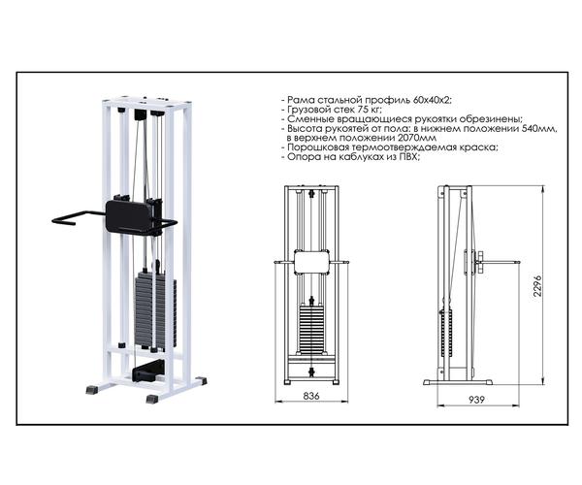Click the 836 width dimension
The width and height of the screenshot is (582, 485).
pyautogui.click(x=311, y=396)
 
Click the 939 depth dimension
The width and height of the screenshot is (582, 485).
pyautogui.click(x=476, y=400)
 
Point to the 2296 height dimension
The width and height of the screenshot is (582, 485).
pyautogui.click(x=537, y=286)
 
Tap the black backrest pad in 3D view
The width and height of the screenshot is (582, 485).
pyautogui.click(x=130, y=216)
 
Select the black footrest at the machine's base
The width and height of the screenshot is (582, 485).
pyautogui.click(x=148, y=371)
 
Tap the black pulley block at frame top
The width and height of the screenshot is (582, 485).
pyautogui.click(x=141, y=114)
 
